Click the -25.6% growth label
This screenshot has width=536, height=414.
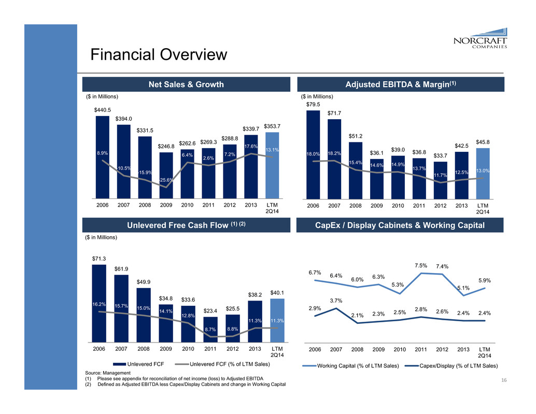pos(166,180)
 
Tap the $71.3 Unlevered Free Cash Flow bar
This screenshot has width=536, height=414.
pos(98,304)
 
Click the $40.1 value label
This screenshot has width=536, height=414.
pos(277,293)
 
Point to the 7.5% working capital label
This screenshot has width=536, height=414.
pos(420,266)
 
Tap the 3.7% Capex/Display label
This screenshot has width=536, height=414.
pos(336,301)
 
